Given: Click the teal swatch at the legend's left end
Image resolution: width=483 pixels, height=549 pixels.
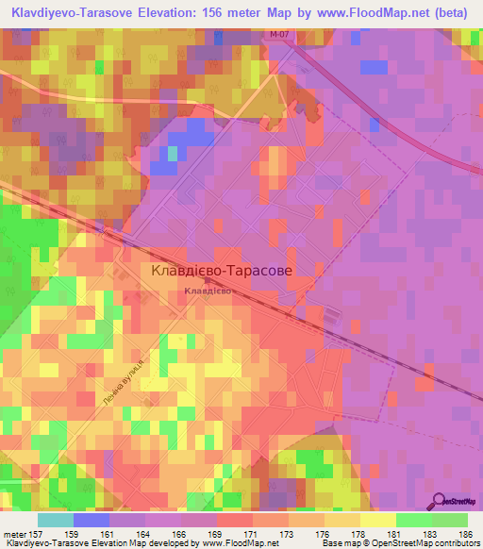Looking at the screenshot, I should coord(56,520).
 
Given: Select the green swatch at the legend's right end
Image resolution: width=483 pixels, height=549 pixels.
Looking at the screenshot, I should coord(450,520).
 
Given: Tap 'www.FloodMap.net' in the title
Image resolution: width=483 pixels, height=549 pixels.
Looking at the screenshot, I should coord(359,14).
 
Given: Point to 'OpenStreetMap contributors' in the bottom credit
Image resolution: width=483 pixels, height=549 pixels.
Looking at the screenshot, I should coord(423,542).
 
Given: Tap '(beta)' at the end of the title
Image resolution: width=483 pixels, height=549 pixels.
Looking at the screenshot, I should coord(450,14).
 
